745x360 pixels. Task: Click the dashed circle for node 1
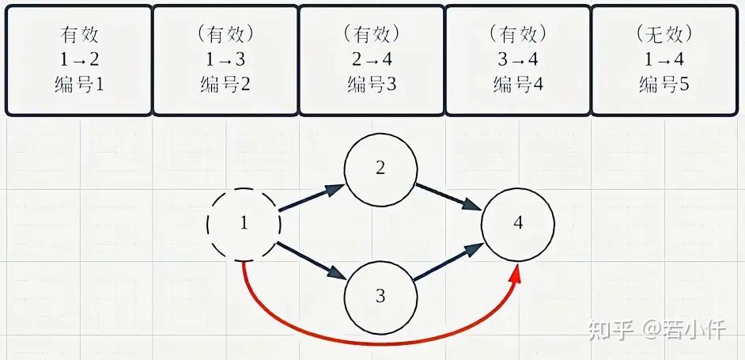tap(208, 225)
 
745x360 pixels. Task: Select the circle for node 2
tap(345, 170)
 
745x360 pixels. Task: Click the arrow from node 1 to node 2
tap(312, 198)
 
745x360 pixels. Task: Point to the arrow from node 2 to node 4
tap(449, 197)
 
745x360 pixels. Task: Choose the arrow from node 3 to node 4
tap(448, 262)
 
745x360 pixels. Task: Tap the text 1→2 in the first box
tap(79, 59)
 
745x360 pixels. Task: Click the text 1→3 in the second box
tap(225, 59)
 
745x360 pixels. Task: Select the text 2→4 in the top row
tap(372, 59)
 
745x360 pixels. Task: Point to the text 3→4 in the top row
tap(518, 59)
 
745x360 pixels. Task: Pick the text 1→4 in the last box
tap(664, 59)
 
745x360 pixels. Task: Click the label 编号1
tap(79, 85)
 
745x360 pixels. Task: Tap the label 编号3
tap(372, 85)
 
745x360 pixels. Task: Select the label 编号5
tap(664, 85)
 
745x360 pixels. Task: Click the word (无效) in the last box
tap(664, 34)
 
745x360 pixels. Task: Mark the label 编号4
tap(518, 85)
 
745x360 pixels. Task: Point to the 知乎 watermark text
tap(611, 330)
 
